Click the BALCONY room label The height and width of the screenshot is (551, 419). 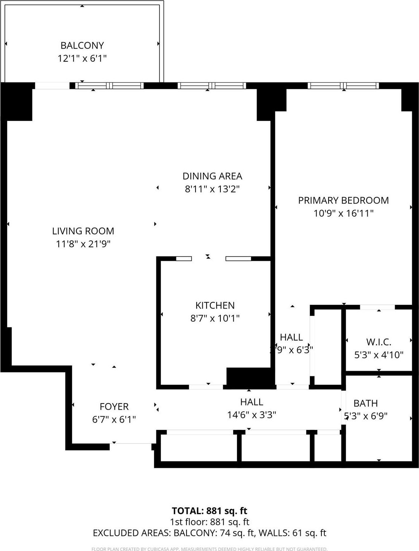click(x=82, y=46)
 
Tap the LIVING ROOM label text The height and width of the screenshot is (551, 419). click(x=83, y=231)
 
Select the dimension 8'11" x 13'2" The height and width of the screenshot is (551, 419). click(x=212, y=189)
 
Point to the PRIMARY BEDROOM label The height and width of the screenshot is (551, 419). click(x=343, y=200)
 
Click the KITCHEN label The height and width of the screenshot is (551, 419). click(x=215, y=305)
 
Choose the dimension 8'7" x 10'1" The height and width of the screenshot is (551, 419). click(x=215, y=318)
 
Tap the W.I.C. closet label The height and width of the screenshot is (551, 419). click(x=379, y=342)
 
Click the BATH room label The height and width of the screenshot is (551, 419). click(x=365, y=403)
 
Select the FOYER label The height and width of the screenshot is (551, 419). click(x=114, y=406)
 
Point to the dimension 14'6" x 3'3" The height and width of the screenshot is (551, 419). click(x=251, y=415)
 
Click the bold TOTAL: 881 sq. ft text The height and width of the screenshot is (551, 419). click(x=209, y=511)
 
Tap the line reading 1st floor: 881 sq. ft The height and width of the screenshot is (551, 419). click(x=209, y=522)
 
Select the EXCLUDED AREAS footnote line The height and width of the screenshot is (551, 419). click(x=209, y=533)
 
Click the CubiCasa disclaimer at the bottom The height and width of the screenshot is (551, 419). click(x=209, y=549)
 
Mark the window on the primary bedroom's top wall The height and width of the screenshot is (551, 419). click(x=343, y=86)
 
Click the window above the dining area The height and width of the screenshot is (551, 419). click(x=212, y=86)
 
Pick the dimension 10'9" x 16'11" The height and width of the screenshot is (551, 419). click(x=343, y=213)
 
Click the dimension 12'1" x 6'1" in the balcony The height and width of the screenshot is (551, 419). click(x=82, y=59)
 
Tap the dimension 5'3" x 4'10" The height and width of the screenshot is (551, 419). click(x=379, y=355)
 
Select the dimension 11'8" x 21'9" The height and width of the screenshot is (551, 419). click(x=83, y=244)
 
